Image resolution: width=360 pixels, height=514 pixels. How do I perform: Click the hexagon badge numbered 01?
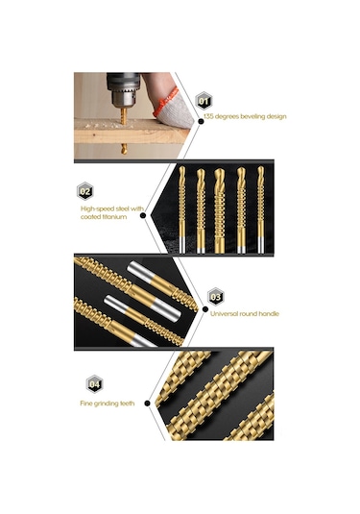coord(204,101)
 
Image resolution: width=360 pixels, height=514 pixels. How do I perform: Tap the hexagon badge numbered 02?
coord(85,191)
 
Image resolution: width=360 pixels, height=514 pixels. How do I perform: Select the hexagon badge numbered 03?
coord(216,297)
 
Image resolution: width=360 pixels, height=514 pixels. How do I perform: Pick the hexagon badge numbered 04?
coord(94,384)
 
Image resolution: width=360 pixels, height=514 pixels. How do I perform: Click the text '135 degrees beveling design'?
coord(245,116)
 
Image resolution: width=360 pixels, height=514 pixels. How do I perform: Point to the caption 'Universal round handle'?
coord(245,314)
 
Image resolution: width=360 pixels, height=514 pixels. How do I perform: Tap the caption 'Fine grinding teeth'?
coord(108,404)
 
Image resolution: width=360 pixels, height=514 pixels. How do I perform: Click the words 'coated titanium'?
coord(104,217)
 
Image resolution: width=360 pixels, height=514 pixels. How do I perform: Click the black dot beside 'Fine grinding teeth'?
coord(148,404)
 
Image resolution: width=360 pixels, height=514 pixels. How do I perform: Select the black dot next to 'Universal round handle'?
coord(205,309)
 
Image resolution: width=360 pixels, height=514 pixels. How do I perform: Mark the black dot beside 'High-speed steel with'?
coord(143,215)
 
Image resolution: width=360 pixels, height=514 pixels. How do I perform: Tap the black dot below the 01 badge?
coord(202,121)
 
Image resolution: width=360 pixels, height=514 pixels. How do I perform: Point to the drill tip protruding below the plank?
coord(124,149)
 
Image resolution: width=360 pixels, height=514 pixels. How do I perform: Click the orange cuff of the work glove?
coord(165,101)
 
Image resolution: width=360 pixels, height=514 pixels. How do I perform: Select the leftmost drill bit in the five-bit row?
coord(182,209)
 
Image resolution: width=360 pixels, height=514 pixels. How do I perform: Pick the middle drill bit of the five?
coord(220,210)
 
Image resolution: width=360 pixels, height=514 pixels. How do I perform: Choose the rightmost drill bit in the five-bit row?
coord(260,209)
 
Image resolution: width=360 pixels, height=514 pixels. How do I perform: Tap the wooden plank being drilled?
coord(131,131)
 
